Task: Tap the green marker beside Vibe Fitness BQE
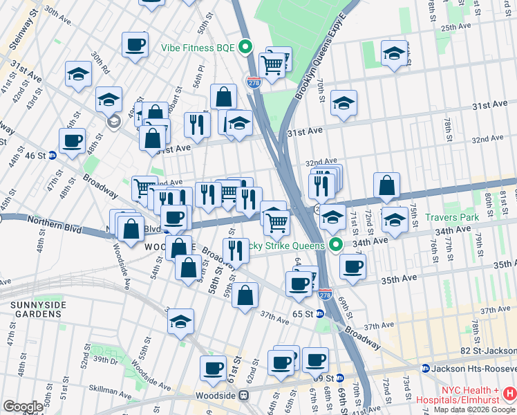click(245, 48)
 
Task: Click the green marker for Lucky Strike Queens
click(337, 246)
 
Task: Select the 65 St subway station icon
click(320, 313)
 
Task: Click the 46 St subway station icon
click(52, 155)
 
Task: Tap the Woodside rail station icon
click(243, 396)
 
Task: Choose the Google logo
click(22, 406)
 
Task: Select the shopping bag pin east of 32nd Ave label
click(387, 185)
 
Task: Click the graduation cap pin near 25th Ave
click(394, 54)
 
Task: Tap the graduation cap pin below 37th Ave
click(180, 321)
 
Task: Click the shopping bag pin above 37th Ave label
click(245, 295)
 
